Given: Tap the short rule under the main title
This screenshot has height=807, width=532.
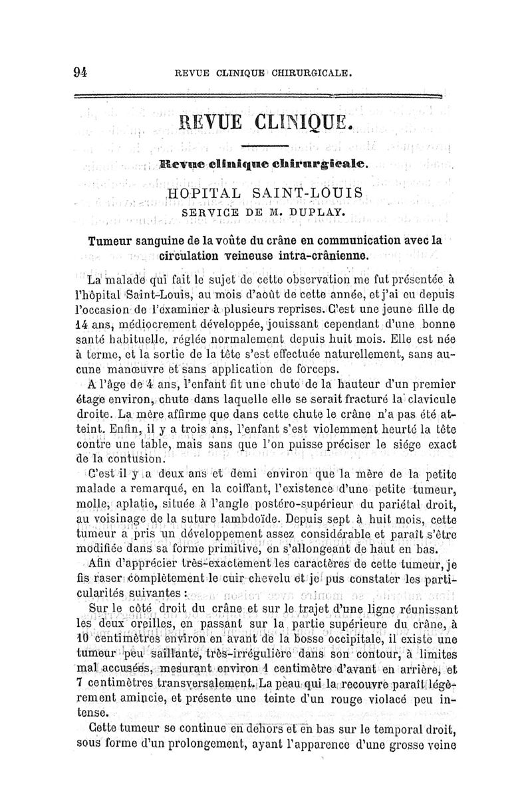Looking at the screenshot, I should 264,145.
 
